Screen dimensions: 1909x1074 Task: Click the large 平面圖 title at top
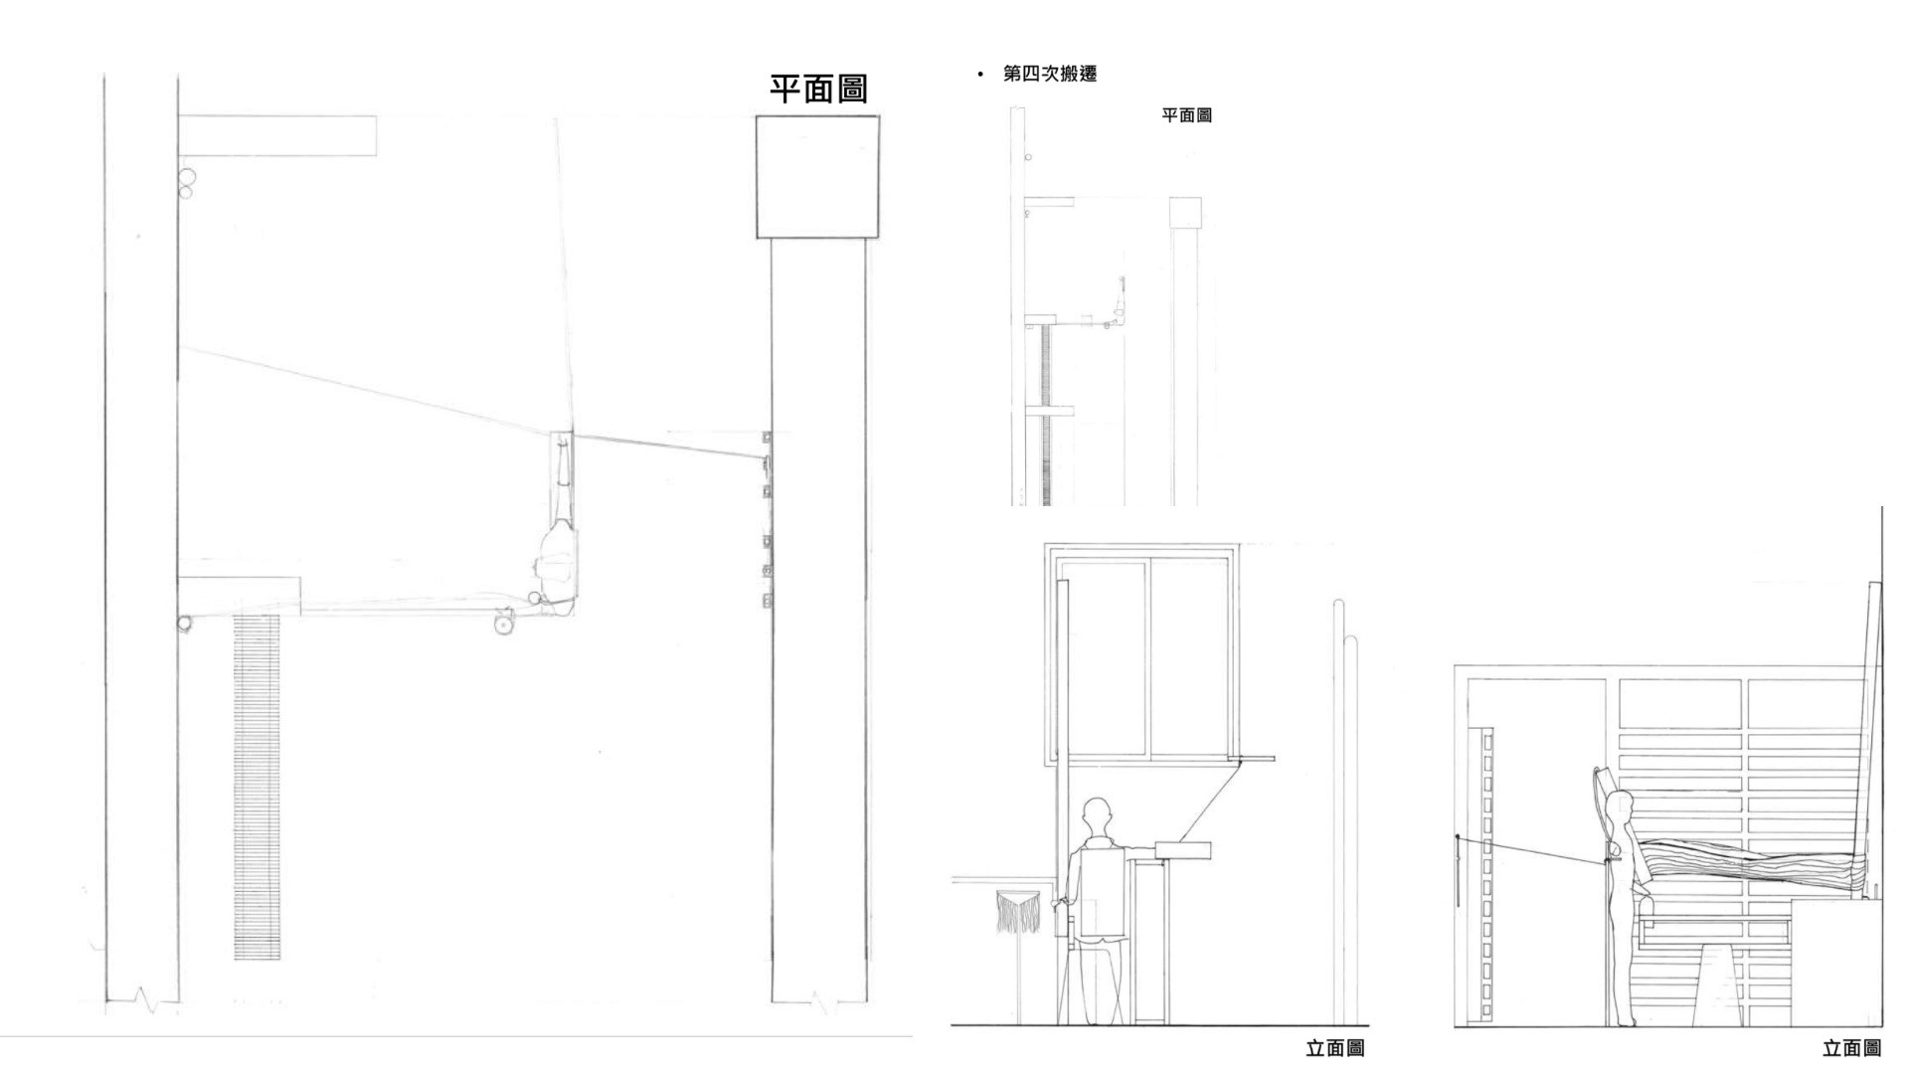[818, 89]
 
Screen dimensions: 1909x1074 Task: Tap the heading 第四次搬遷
[1050, 75]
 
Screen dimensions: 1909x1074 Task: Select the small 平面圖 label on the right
[1187, 115]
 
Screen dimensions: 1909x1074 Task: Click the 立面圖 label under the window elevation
[1334, 1048]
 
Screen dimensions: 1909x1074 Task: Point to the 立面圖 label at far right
[1851, 1048]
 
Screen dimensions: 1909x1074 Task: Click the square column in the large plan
[817, 177]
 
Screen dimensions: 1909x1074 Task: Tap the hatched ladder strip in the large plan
[257, 787]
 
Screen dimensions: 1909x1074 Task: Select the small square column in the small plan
[1185, 212]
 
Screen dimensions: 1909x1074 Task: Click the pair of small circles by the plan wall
[186, 183]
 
